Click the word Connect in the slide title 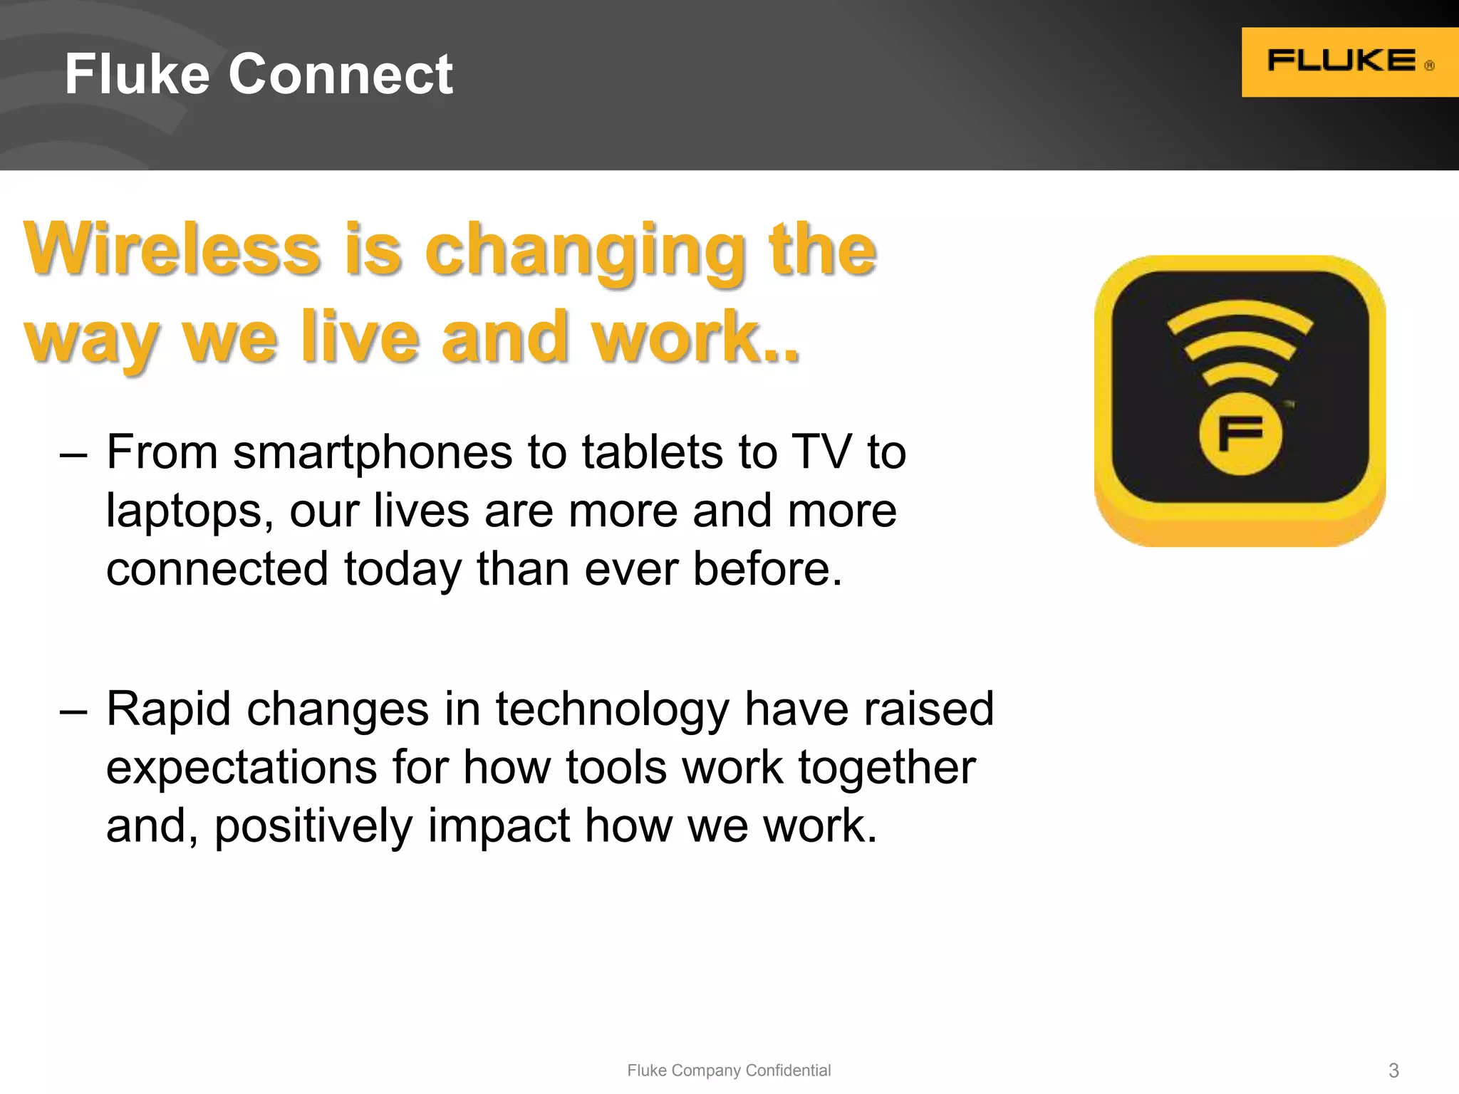(x=340, y=74)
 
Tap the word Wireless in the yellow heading (x=172, y=249)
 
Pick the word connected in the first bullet (x=217, y=569)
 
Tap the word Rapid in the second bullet (x=169, y=709)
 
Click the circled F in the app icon (x=1240, y=433)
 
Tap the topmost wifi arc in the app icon (x=1240, y=314)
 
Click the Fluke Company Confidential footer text (x=729, y=1070)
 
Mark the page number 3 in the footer (x=1393, y=1070)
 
